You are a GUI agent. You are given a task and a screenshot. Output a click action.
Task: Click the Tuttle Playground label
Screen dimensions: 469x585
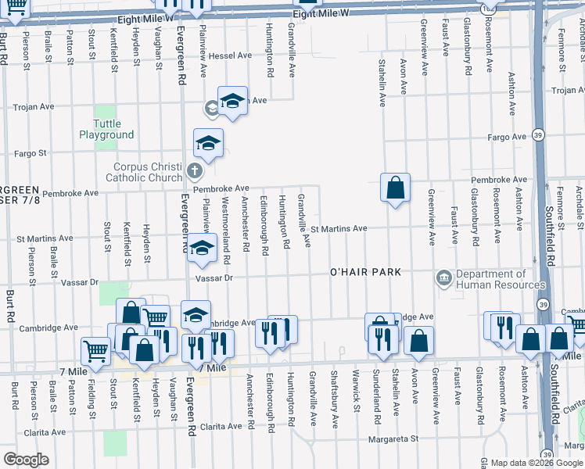[x=106, y=130]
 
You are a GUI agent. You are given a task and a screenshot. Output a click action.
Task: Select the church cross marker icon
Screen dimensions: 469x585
[x=196, y=170]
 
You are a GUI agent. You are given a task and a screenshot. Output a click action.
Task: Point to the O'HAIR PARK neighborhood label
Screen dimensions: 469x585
[x=365, y=272]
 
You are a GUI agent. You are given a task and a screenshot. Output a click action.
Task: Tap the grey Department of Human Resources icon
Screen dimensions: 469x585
[x=443, y=277]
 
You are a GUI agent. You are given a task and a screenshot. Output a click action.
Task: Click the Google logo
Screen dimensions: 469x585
[x=26, y=459]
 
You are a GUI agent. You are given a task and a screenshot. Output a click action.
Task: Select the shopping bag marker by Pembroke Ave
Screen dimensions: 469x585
[x=396, y=188]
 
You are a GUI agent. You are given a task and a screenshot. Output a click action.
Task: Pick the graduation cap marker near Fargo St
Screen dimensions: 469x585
[x=209, y=143]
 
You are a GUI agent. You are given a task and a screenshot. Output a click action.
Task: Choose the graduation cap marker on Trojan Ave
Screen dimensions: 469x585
[x=232, y=101]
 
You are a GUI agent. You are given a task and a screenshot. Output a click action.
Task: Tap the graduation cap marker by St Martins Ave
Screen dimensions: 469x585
[x=203, y=249]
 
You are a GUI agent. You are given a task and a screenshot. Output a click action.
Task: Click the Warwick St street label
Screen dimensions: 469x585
[x=356, y=391]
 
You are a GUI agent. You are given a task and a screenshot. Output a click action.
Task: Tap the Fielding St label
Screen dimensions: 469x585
[x=92, y=390]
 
